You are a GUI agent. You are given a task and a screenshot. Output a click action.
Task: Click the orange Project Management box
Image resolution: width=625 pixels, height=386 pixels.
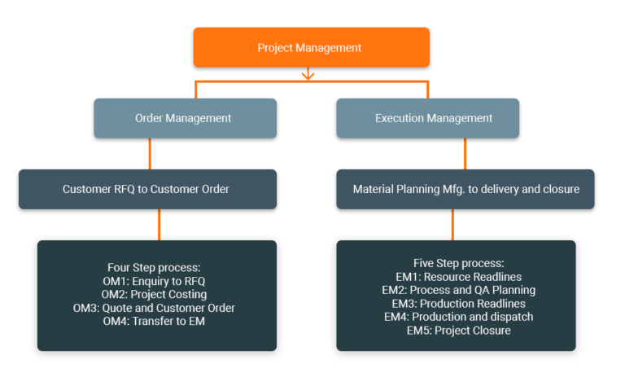click(x=311, y=47)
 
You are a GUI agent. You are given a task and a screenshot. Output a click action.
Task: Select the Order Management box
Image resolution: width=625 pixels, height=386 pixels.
click(x=185, y=118)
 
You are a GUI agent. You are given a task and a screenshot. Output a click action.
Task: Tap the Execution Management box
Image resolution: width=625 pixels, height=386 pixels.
click(x=427, y=118)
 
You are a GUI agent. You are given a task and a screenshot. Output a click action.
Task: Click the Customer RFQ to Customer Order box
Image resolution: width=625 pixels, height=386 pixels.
click(x=147, y=189)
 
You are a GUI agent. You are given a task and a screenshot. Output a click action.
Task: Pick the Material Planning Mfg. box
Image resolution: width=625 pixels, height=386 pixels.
click(x=465, y=189)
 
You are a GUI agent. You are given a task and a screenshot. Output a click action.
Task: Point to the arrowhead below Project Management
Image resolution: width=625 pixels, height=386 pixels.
click(x=308, y=77)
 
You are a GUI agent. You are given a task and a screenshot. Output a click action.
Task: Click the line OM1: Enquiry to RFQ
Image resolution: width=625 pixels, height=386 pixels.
click(x=155, y=281)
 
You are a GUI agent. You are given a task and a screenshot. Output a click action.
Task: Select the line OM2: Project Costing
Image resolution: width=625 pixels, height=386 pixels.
click(x=155, y=294)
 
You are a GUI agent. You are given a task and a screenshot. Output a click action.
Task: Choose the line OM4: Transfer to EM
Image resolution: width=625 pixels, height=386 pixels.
click(x=155, y=321)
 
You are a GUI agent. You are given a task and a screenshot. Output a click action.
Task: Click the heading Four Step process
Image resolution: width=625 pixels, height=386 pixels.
click(x=155, y=267)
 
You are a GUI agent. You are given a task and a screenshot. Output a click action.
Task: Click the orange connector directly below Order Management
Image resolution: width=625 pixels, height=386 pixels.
click(x=150, y=153)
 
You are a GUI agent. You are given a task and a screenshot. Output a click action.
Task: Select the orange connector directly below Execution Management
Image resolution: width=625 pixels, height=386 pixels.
click(x=465, y=153)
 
